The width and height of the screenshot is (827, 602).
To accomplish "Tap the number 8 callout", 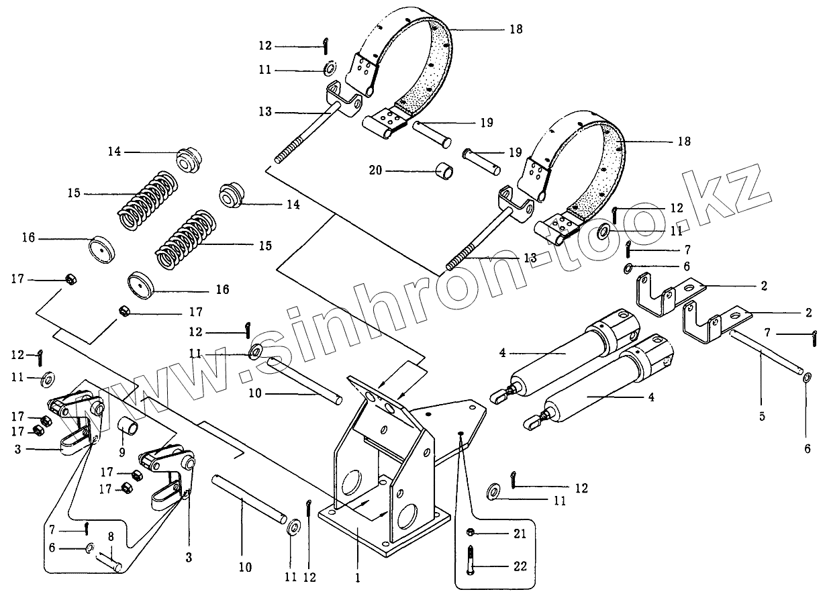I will click(x=111, y=537).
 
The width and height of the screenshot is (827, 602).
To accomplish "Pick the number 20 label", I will click(x=375, y=171).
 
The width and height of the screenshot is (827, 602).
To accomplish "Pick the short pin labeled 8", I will click(x=109, y=561).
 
